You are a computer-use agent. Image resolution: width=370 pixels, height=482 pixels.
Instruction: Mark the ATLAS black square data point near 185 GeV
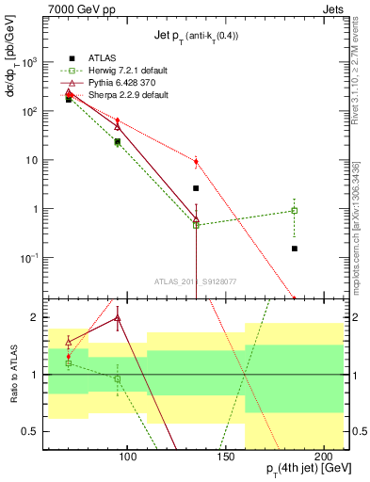(x=295, y=249)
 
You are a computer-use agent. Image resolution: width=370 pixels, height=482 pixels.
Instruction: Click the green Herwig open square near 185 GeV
(x=295, y=211)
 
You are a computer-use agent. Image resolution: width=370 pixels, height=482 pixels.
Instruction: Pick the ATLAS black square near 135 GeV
(x=196, y=188)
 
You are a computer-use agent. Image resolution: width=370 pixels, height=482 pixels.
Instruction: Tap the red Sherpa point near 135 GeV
(x=196, y=162)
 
